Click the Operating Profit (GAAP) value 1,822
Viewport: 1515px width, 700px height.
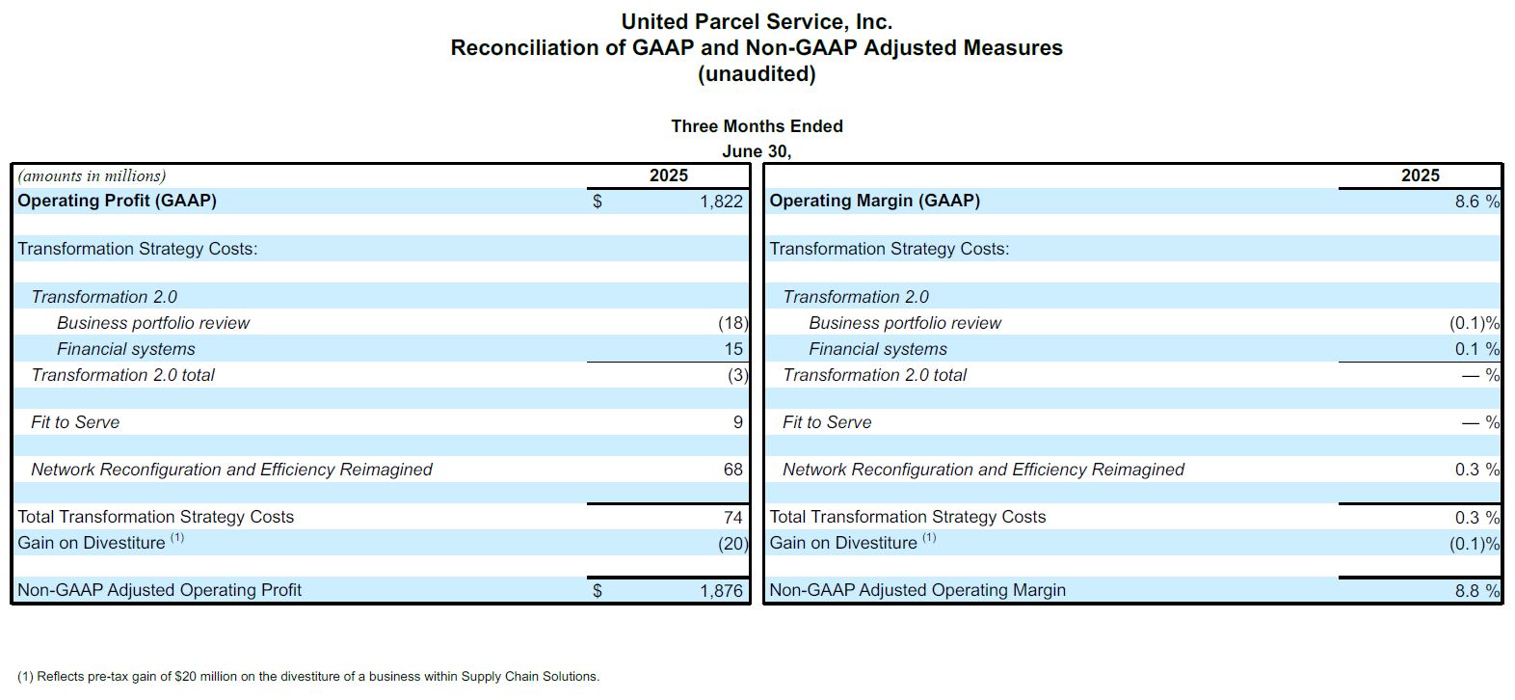click(x=721, y=202)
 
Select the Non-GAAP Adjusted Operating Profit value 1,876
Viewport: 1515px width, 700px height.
click(x=721, y=591)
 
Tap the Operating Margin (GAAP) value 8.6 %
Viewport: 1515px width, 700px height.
click(x=1477, y=202)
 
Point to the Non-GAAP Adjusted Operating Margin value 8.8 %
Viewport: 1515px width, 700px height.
click(x=1477, y=591)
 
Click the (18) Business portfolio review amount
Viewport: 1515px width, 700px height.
click(x=733, y=323)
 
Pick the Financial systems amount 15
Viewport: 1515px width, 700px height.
click(x=733, y=349)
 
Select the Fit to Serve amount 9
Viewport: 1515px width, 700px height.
click(x=738, y=422)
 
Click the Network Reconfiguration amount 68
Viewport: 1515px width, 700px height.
click(x=733, y=470)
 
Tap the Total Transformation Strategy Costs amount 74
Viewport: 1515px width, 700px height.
click(x=733, y=518)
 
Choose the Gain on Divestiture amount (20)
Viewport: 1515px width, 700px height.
click(x=733, y=544)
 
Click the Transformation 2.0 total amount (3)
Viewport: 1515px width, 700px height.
click(x=738, y=375)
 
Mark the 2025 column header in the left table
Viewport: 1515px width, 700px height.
click(x=668, y=175)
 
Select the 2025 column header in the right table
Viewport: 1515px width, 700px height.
click(x=1420, y=175)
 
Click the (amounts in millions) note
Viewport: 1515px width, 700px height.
click(x=92, y=176)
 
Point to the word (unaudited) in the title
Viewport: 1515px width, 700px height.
click(x=757, y=73)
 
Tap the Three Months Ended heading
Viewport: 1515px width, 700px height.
click(x=757, y=126)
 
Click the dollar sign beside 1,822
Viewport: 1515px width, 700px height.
click(x=598, y=202)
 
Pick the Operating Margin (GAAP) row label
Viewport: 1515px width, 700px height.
click(x=874, y=201)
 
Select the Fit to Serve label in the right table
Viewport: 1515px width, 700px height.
click(x=827, y=422)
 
